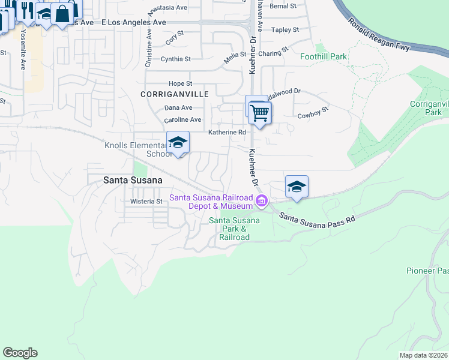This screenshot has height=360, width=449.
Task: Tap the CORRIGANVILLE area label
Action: (175, 95)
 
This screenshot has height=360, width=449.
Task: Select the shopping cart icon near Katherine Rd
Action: (260, 112)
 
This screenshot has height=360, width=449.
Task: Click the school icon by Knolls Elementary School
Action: (178, 142)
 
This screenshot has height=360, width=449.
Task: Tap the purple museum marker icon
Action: (261, 200)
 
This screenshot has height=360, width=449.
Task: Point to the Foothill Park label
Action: (324, 57)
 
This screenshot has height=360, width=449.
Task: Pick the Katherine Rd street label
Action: (228, 133)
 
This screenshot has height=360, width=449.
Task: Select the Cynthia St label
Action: (175, 59)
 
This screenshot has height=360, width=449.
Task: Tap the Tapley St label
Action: (285, 29)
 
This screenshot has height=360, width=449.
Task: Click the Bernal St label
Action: (283, 6)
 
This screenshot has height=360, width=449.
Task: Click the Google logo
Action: (20, 353)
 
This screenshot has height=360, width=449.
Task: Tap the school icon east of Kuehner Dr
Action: (297, 187)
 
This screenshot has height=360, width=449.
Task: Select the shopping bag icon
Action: (62, 13)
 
